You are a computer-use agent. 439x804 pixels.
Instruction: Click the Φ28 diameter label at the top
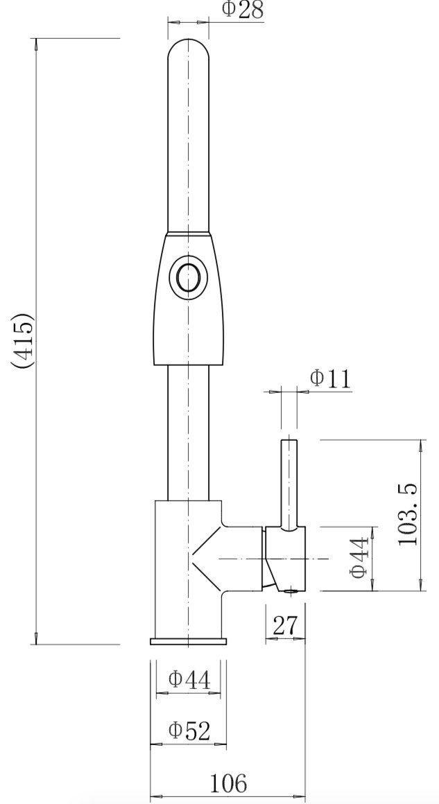coord(242,10)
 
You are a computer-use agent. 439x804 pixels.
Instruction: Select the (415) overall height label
coord(23,341)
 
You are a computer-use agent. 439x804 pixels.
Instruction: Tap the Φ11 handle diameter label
coord(330,378)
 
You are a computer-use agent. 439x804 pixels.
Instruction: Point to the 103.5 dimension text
coord(409,514)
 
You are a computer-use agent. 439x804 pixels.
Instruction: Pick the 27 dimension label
coord(284,625)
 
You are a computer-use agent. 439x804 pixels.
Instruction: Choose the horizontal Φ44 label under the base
coord(189,679)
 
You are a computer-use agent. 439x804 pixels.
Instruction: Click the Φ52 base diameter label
coord(189,730)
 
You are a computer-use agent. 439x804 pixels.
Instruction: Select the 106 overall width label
coord(228,783)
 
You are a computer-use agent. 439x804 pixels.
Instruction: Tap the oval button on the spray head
coord(188,278)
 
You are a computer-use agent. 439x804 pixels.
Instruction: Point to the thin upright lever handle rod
coord(289,482)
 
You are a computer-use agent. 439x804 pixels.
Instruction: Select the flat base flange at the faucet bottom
coord(189,641)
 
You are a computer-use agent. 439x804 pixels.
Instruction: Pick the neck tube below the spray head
coord(189,430)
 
